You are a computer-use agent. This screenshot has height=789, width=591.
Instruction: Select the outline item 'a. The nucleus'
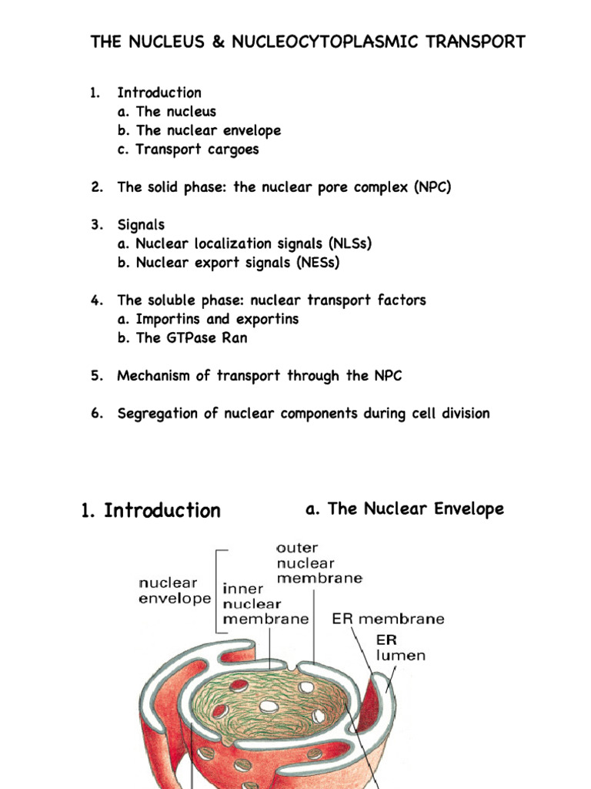[167, 112]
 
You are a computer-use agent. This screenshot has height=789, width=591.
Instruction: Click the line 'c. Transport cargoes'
[188, 149]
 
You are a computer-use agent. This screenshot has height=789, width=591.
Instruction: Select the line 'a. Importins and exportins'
[208, 319]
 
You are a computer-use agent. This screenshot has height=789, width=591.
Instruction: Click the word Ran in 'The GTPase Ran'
[235, 337]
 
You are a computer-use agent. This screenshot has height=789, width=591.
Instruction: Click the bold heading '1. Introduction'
[151, 511]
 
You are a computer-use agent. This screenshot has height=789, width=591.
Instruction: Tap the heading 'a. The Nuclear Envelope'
[405, 509]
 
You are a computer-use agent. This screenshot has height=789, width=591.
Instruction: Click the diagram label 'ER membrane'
[388, 619]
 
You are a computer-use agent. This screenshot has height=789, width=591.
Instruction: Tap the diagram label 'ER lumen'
[400, 648]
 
